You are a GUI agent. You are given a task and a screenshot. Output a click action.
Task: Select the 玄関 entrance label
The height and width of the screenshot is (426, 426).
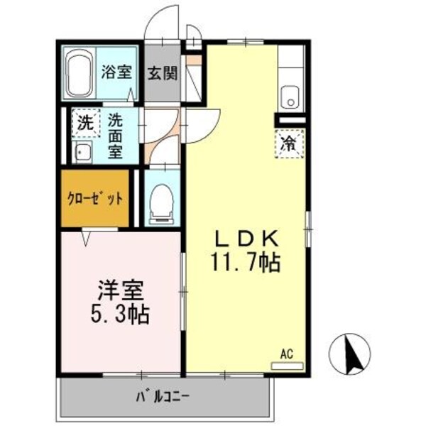click(163, 72)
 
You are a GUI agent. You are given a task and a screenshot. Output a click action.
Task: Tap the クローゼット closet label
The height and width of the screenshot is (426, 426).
click(95, 200)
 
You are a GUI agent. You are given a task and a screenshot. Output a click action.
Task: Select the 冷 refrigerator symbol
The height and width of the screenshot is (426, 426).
click(290, 142)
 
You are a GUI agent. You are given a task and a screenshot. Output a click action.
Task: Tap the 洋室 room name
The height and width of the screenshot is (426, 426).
click(120, 290)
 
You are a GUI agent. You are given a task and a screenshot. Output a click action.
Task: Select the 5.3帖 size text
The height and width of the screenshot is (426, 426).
click(120, 314)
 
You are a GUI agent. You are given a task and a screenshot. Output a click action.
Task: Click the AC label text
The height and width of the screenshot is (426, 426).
click(286, 353)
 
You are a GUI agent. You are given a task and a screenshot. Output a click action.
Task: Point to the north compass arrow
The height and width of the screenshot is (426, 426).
click(349, 352)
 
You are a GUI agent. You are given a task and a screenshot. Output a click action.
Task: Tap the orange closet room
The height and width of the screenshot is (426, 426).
click(94, 199)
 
